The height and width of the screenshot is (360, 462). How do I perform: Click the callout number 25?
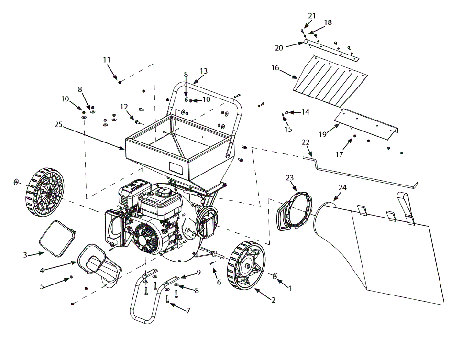click(x=58, y=124)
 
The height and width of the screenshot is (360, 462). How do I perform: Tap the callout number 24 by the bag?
click(x=342, y=188)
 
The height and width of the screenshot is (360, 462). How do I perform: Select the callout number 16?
click(x=275, y=68)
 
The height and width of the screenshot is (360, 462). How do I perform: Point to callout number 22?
click(x=306, y=142)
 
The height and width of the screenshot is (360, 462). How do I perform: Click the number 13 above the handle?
click(x=204, y=71)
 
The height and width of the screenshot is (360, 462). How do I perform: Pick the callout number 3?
click(x=25, y=255)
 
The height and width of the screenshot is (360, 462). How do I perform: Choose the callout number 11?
click(x=107, y=60)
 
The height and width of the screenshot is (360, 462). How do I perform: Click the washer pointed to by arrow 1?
click(x=276, y=276)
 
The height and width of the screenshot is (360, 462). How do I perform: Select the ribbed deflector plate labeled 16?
click(x=330, y=81)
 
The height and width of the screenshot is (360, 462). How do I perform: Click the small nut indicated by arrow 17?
click(x=355, y=137)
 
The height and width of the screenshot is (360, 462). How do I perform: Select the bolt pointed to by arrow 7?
click(x=168, y=300)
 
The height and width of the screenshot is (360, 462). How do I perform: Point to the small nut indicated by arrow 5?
click(x=71, y=277)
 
